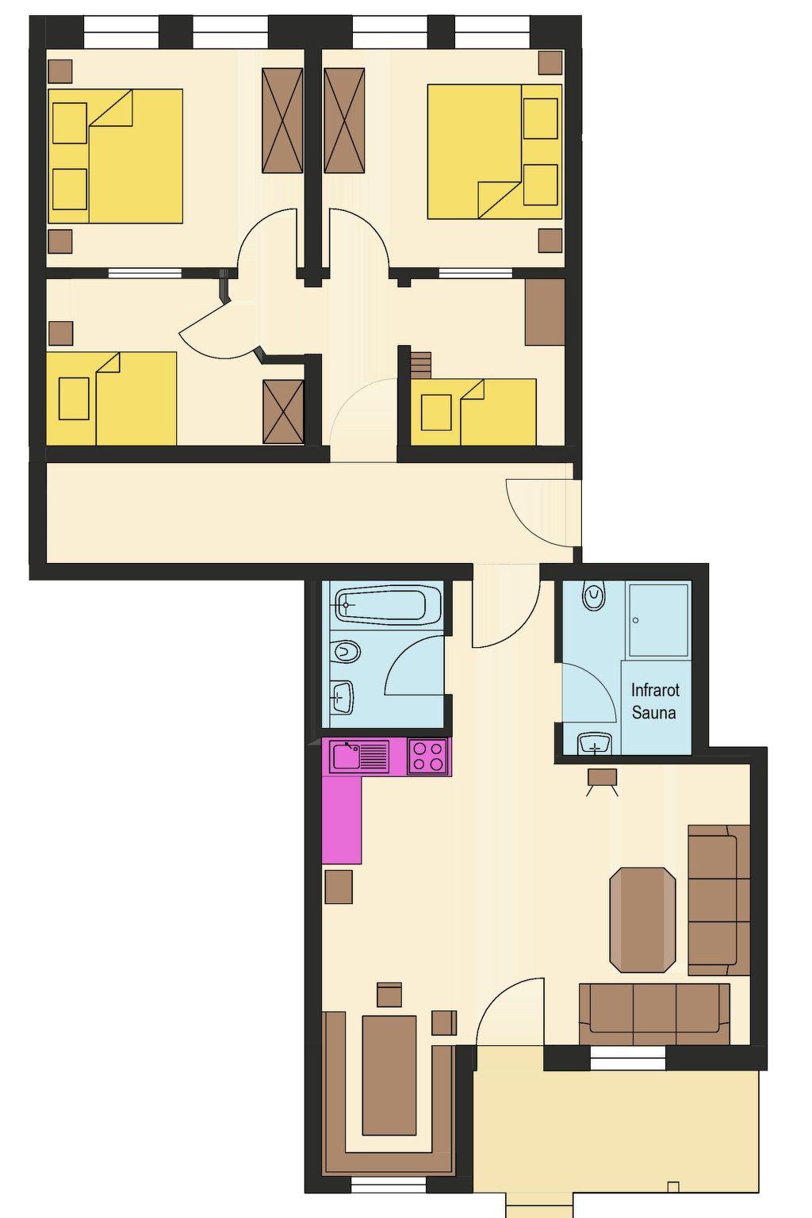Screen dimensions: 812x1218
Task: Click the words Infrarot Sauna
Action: (655, 701)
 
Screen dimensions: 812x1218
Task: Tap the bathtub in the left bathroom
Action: (388, 603)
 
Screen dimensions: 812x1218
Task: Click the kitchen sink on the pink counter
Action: (359, 756)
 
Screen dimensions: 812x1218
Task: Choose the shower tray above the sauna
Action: (657, 620)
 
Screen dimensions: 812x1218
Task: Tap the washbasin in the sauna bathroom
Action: (596, 744)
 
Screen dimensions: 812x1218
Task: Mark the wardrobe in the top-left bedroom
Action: (282, 121)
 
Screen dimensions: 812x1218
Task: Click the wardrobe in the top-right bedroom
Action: (344, 121)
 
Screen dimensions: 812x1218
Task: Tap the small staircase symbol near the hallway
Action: (420, 365)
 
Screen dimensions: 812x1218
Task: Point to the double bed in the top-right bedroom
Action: (494, 151)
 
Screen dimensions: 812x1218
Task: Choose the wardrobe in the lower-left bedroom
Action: (283, 412)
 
